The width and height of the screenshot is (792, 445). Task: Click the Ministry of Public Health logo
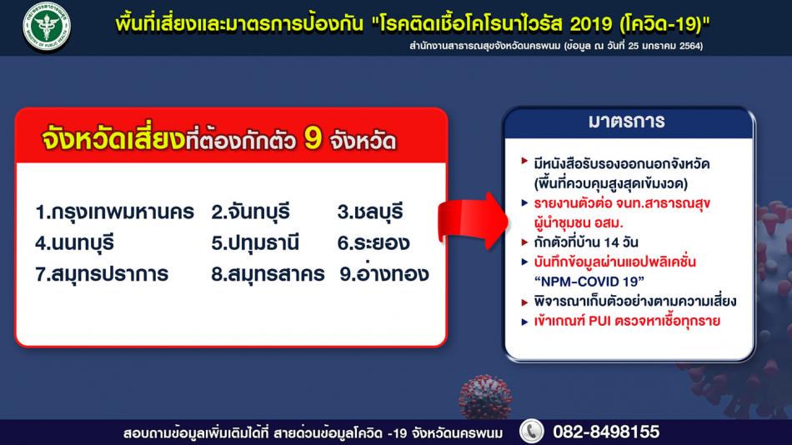(47, 27)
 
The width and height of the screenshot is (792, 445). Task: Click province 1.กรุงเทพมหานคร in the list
(115, 212)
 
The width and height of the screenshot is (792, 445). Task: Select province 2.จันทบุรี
(251, 212)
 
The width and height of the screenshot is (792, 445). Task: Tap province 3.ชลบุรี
(370, 212)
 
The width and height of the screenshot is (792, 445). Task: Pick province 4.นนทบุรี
(74, 243)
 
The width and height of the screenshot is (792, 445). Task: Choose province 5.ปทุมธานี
(255, 243)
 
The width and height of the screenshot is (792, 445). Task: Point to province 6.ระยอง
(373, 243)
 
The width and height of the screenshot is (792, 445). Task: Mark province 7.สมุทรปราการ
(102, 274)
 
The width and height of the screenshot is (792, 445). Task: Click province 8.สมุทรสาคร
(268, 274)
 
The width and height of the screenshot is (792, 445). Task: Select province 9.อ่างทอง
(383, 273)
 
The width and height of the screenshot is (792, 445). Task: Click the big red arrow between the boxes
(472, 220)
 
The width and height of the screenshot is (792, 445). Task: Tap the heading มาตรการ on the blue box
(626, 121)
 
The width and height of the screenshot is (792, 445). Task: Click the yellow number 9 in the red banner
(313, 137)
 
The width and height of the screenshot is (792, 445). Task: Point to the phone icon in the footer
(531, 432)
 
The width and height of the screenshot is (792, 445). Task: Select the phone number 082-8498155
(606, 432)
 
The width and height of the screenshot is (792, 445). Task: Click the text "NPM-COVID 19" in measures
(589, 282)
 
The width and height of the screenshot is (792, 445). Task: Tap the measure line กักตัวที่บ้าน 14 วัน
(586, 242)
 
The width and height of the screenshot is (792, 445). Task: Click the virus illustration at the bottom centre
(485, 397)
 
